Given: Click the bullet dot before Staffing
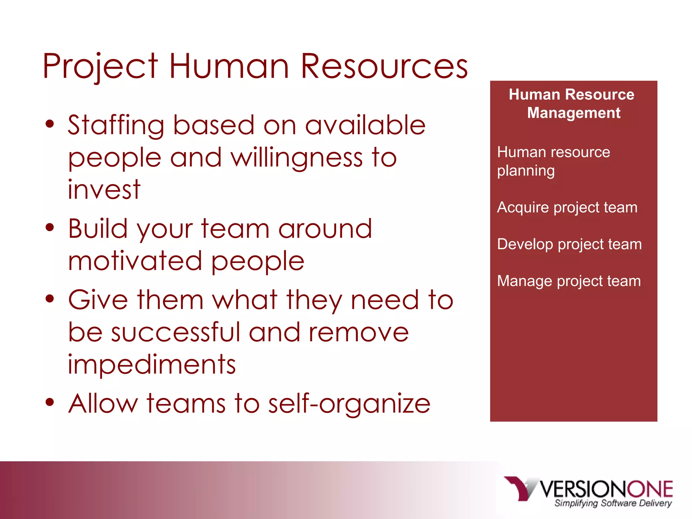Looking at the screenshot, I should pyautogui.click(x=50, y=124).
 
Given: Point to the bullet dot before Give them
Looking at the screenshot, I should pyautogui.click(x=50, y=299).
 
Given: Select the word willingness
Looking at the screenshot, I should pyautogui.click(x=297, y=158).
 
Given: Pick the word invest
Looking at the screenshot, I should pyautogui.click(x=104, y=190).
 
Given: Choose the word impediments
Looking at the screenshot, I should pyautogui.click(x=152, y=365).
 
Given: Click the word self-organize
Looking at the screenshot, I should pyautogui.click(x=349, y=404).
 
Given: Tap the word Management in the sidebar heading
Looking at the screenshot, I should pyautogui.click(x=574, y=113).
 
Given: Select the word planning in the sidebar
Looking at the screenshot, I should pyautogui.click(x=526, y=171).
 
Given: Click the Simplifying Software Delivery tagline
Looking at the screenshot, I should pyautogui.click(x=613, y=503).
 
